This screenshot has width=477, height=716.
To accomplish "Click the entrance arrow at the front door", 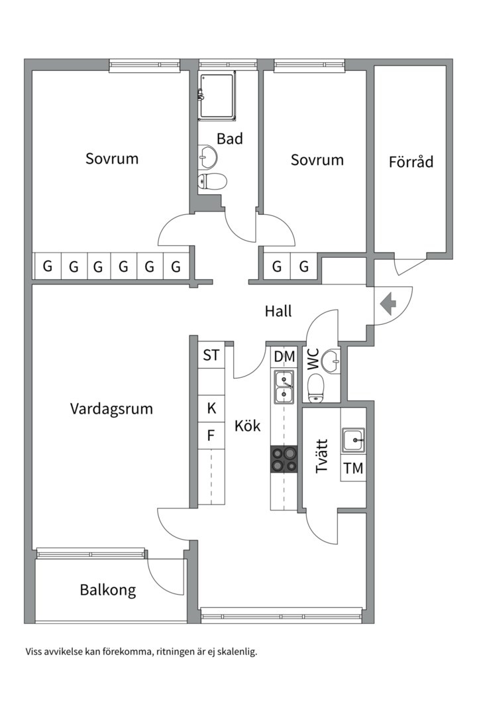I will tap(388, 304).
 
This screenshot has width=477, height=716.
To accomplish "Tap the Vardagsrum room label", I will tap(111, 408).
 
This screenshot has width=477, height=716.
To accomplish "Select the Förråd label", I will tap(411, 161).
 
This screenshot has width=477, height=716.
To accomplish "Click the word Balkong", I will tap(108, 589).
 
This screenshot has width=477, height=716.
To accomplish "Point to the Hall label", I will tap(278, 311).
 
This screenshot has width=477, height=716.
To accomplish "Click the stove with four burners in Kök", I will tap(284, 459).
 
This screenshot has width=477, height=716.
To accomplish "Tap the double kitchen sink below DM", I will tap(284, 387).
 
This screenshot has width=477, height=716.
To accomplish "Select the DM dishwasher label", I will tap(284, 357).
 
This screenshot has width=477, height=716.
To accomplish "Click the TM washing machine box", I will tap(353, 468).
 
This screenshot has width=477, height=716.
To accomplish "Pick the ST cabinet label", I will tap(211, 356).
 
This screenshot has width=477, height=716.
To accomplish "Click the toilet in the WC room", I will tap(317, 385).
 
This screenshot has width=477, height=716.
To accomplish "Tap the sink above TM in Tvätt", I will tap(353, 438).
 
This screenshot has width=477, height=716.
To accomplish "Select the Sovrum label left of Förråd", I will tap(317, 160).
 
